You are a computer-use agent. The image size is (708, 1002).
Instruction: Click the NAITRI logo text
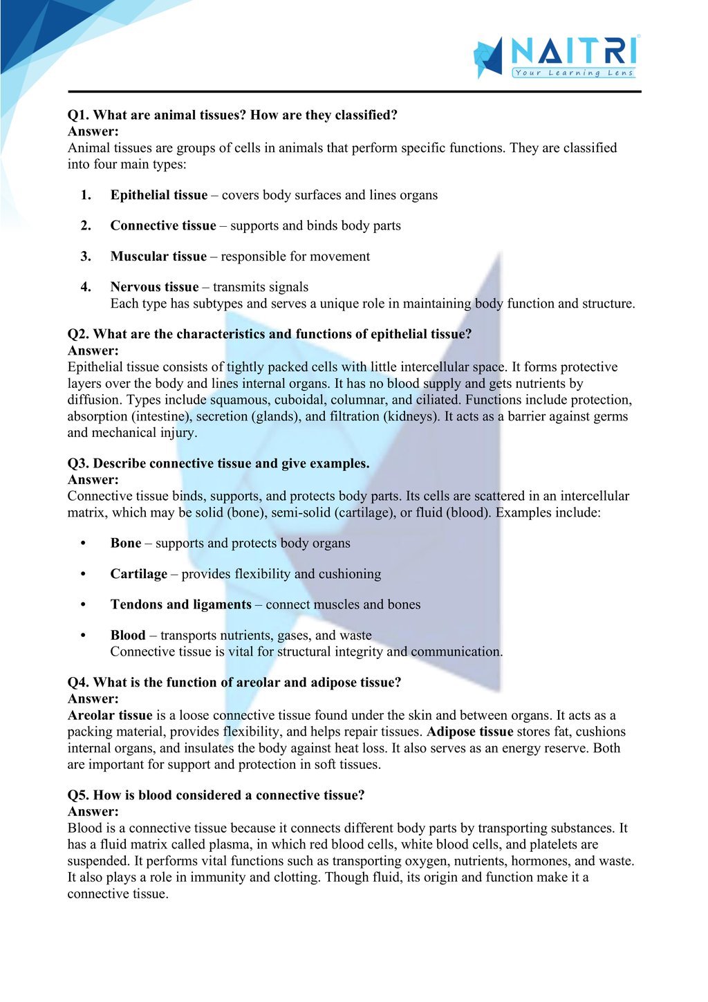coord(572,51)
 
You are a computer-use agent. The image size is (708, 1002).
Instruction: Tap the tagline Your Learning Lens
coord(573,73)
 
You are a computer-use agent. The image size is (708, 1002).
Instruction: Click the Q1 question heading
coord(232,115)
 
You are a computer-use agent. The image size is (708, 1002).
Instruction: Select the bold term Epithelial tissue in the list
coord(158,195)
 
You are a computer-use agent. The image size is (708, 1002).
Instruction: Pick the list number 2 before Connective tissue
coord(86,225)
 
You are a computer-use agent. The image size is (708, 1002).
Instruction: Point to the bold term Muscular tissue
coord(158,257)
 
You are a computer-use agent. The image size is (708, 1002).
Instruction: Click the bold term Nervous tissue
coord(154,287)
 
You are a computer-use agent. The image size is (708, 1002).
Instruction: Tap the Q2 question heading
coord(270,334)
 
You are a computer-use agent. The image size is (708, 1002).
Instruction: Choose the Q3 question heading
coord(218,463)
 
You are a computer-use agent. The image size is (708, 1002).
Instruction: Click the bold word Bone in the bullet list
coord(126,543)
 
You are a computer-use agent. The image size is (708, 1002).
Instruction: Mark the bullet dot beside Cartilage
coord(83,574)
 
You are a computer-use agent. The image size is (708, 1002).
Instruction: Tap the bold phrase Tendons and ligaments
coord(180,604)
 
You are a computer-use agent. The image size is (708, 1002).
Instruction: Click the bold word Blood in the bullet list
coord(128,635)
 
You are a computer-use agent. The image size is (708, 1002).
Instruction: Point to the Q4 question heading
coord(234,683)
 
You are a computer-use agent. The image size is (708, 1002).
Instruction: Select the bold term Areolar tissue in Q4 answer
coord(110,715)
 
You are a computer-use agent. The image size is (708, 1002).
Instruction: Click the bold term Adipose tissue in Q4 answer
coord(470,732)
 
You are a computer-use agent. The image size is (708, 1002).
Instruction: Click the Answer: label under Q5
coord(93,812)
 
